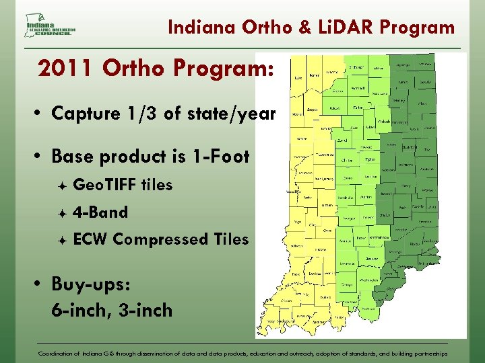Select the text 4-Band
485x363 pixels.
click(x=100, y=212)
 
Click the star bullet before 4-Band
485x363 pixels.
click(x=61, y=213)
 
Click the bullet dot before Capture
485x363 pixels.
click(x=40, y=114)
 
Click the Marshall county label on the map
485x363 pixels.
click(x=357, y=88)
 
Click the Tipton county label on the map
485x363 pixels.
click(x=369, y=161)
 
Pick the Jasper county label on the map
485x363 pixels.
click(x=312, y=108)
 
